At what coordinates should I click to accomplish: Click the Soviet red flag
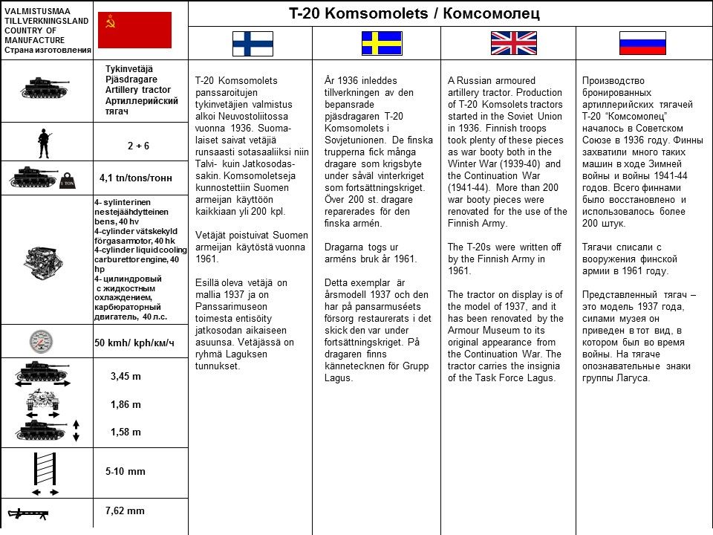coord(134,30)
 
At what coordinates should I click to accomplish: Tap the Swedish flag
coord(382,43)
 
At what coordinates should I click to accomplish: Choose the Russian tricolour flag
coord(642,43)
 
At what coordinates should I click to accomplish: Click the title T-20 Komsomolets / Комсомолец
coord(414,13)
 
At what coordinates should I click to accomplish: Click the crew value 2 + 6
coord(137,146)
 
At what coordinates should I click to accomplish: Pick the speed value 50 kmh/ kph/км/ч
coord(134,343)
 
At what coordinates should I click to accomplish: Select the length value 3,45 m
coord(126,376)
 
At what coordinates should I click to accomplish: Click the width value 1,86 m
coord(126,405)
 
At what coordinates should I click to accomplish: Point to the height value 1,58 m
coord(126,432)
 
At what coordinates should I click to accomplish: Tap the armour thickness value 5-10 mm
coord(126,471)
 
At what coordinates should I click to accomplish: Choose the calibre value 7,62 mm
coord(125,510)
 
